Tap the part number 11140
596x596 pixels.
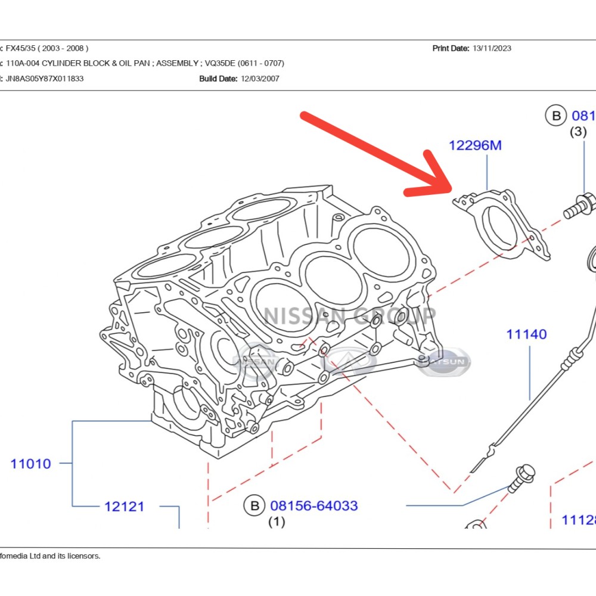click(x=526, y=334)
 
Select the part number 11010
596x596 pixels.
click(x=30, y=463)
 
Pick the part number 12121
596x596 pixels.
click(x=124, y=507)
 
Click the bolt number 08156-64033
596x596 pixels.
click(x=314, y=506)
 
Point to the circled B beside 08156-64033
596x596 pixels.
click(x=254, y=506)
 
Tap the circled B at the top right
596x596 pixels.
click(x=556, y=116)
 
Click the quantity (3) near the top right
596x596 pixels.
click(x=578, y=132)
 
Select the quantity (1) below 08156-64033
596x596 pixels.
click(x=276, y=522)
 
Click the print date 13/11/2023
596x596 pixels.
click(x=492, y=48)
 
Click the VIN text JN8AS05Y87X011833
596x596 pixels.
click(x=45, y=79)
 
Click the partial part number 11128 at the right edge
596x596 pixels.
click(x=579, y=520)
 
